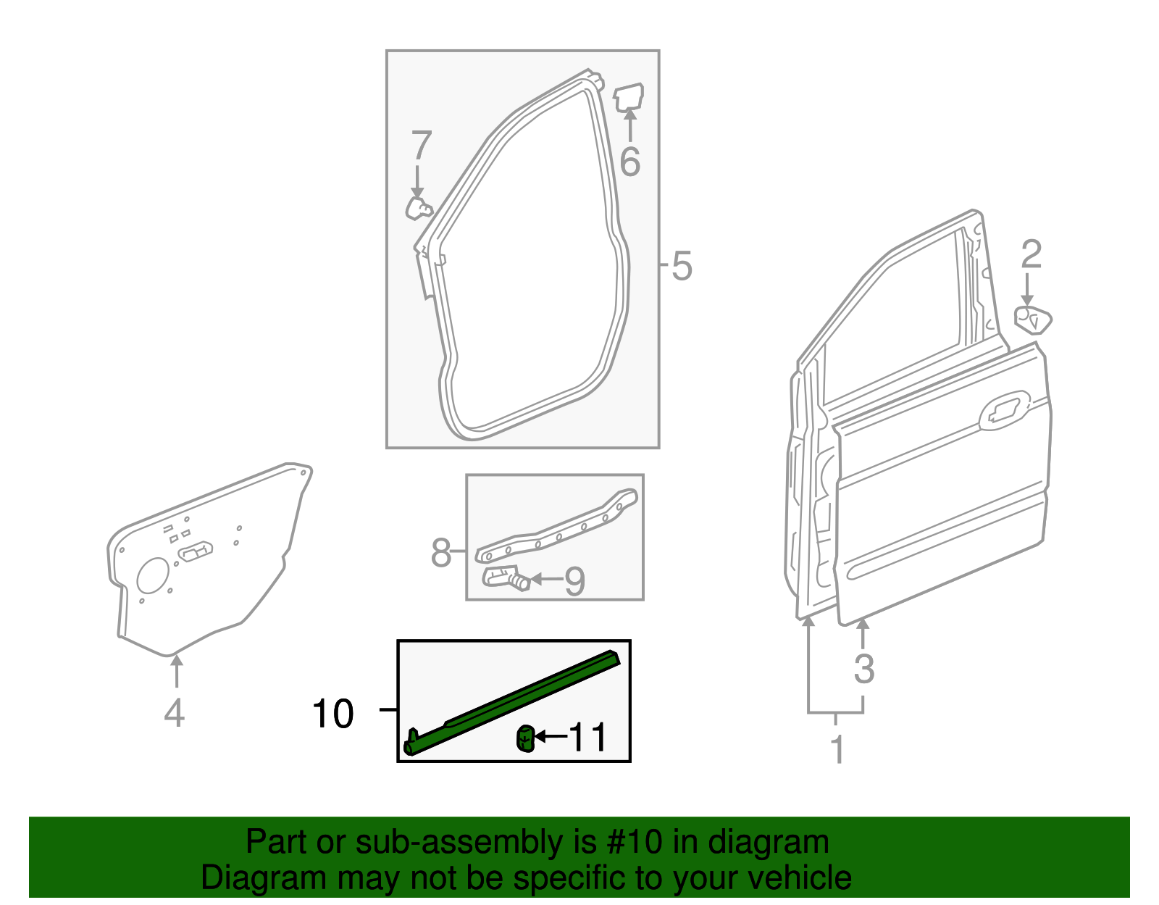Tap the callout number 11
587,738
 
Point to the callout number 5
682,266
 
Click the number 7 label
421,146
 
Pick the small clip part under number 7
418,208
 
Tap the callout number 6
629,161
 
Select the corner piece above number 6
629,97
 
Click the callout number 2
1031,254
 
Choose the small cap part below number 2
1033,319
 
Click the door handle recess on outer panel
1003,410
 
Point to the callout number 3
863,668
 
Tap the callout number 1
837,749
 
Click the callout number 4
174,712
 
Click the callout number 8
441,553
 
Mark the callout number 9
574,580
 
